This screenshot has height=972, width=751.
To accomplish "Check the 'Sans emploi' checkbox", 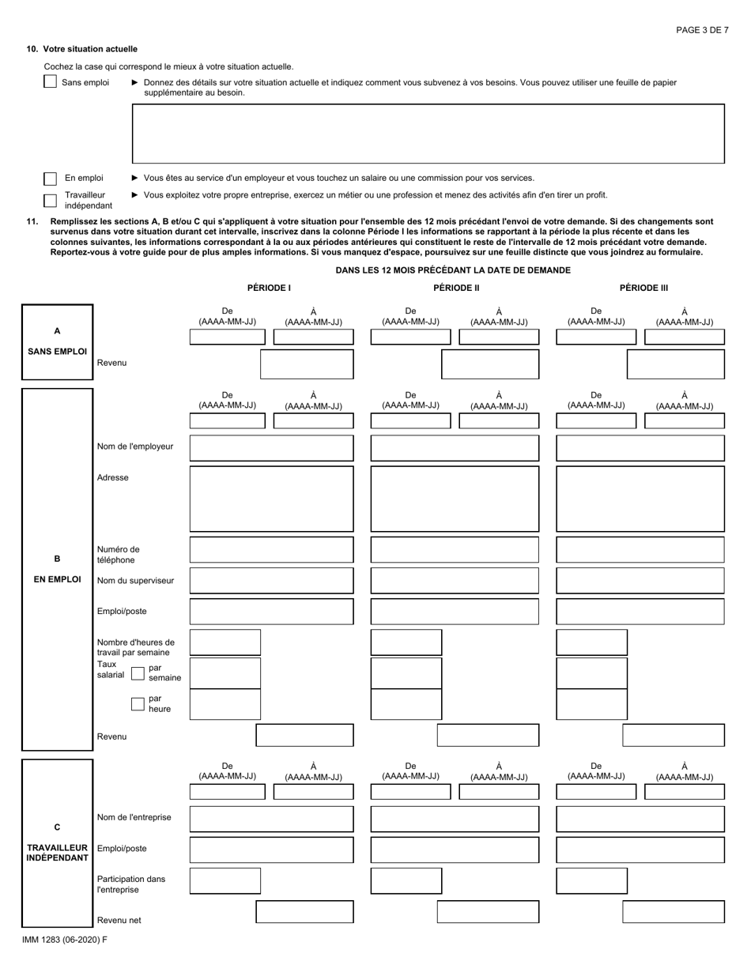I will coord(50,82).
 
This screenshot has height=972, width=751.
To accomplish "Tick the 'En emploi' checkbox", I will coord(50,179).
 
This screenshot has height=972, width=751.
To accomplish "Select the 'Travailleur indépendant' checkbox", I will coord(50,201).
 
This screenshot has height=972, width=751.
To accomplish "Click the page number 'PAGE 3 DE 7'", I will coord(702,30).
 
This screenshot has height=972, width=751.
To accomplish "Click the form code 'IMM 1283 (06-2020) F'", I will coord(66,940).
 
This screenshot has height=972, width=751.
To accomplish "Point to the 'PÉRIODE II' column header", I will coord(456,288).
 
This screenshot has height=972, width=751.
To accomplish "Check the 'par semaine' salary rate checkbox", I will coord(138,673).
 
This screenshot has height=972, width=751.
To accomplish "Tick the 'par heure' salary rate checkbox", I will coord(138,704).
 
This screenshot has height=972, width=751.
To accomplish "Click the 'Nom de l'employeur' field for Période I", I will coord(271,448).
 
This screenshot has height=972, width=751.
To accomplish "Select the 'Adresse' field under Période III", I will coord(640,499).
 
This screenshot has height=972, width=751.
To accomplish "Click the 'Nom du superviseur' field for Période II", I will coord(455,581).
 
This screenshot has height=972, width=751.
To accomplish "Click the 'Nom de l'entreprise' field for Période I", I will coord(271,819).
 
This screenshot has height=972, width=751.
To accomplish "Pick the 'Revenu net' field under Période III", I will coord(673,912).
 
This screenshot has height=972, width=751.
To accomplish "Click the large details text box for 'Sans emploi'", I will coord(428,134).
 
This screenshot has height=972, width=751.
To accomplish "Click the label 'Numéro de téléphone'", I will coord(119,554).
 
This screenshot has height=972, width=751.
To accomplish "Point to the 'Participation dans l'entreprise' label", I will coord(131,883).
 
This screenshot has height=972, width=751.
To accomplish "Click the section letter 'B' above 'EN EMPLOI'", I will coord(57,558).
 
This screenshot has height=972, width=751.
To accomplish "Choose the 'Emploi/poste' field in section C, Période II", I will coord(455,850).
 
